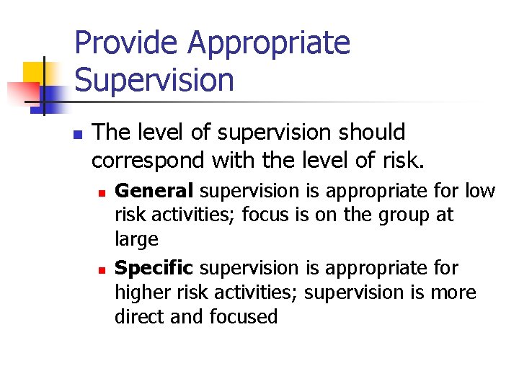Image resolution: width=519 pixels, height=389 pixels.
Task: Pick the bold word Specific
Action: tap(154, 268)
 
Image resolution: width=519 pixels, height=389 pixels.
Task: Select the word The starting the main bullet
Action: tap(112, 133)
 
